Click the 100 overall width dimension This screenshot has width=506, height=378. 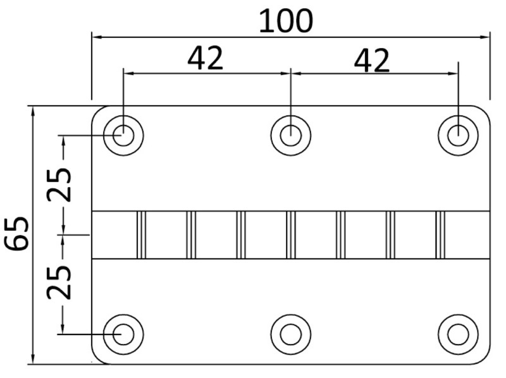pyautogui.click(x=286, y=21)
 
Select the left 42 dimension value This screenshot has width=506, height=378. pyautogui.click(x=206, y=59)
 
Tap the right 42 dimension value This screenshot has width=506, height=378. pyautogui.click(x=371, y=61)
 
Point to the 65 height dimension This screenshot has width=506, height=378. pyautogui.click(x=16, y=233)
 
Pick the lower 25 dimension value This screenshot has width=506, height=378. pyautogui.click(x=60, y=281)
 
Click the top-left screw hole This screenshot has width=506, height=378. pyautogui.click(x=123, y=135)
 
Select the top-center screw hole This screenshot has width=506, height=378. pyautogui.click(x=290, y=135)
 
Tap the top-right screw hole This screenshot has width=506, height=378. pyautogui.click(x=458, y=135)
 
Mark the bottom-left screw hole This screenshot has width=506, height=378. pyautogui.click(x=123, y=333)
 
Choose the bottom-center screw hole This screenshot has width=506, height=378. pyautogui.click(x=290, y=333)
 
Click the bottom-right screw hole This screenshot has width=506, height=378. pyautogui.click(x=458, y=333)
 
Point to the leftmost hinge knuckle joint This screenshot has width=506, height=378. pyautogui.click(x=141, y=235)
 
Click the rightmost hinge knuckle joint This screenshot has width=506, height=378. pyautogui.click(x=440, y=235)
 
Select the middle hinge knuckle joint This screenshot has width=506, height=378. pyautogui.click(x=291, y=235)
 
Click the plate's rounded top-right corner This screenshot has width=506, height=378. pyautogui.click(x=484, y=111)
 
